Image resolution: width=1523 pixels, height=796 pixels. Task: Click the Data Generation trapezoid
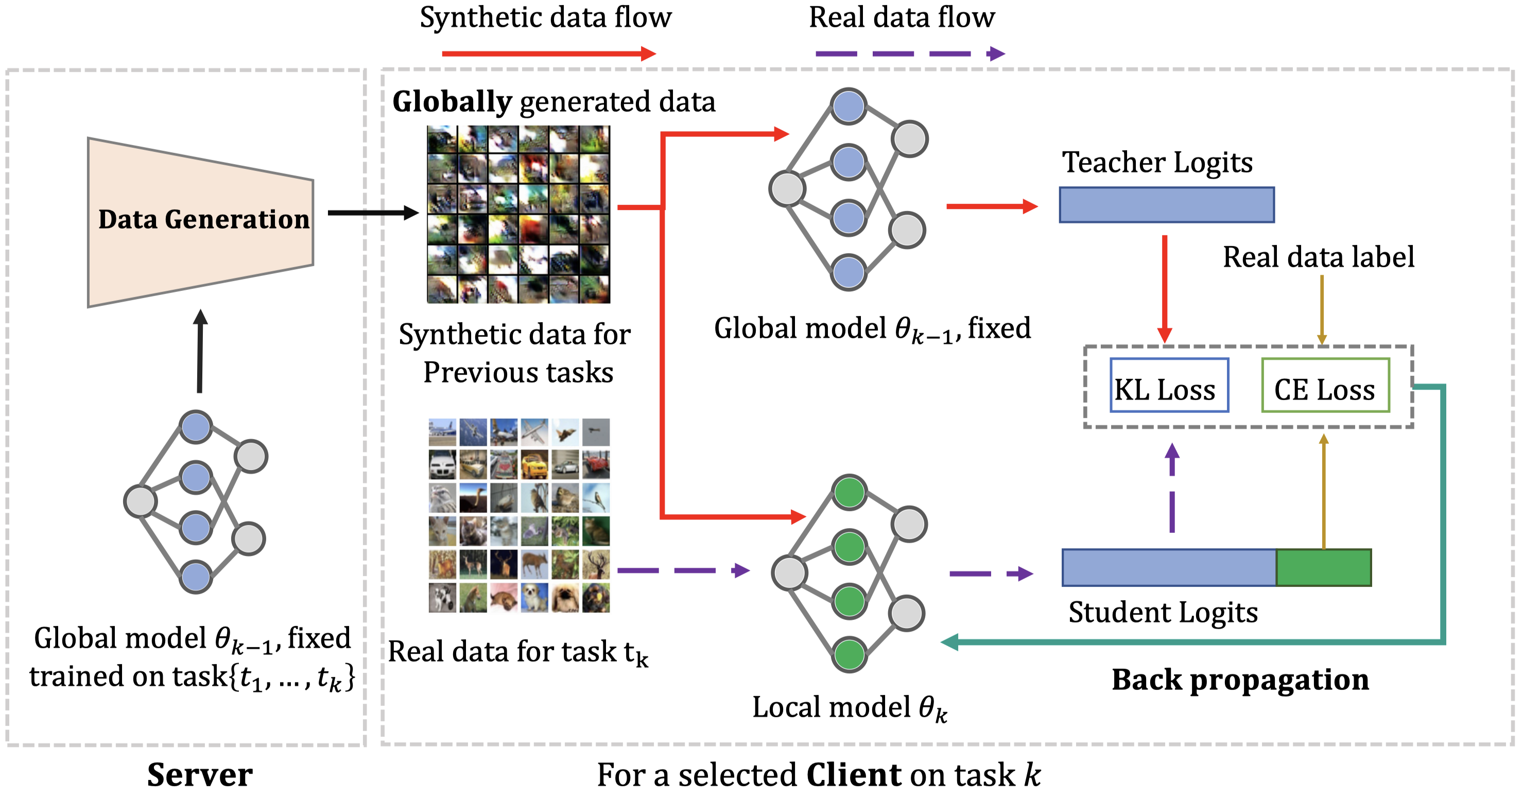click(201, 222)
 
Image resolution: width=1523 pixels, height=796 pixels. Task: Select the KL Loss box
click(1169, 385)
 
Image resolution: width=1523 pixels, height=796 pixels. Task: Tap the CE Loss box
click(1325, 385)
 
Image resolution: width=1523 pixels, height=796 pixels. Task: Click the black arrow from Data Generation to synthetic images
click(372, 212)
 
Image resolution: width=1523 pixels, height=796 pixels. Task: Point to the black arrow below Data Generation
click(200, 352)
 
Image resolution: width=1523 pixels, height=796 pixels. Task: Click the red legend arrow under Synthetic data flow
click(548, 54)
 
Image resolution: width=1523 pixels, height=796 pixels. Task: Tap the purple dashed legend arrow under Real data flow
click(909, 54)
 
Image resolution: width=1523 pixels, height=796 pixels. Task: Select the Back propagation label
click(1240, 679)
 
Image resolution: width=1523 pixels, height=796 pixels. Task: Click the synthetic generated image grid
click(518, 214)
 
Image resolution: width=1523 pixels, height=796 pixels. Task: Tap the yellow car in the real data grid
click(534, 465)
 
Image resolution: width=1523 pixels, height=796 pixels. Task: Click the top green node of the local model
click(849, 492)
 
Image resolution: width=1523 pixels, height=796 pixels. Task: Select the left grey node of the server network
click(140, 501)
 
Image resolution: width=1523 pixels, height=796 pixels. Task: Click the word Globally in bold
click(452, 102)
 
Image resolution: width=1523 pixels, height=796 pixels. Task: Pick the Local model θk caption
click(849, 707)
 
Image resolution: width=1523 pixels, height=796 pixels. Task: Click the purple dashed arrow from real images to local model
click(683, 570)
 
